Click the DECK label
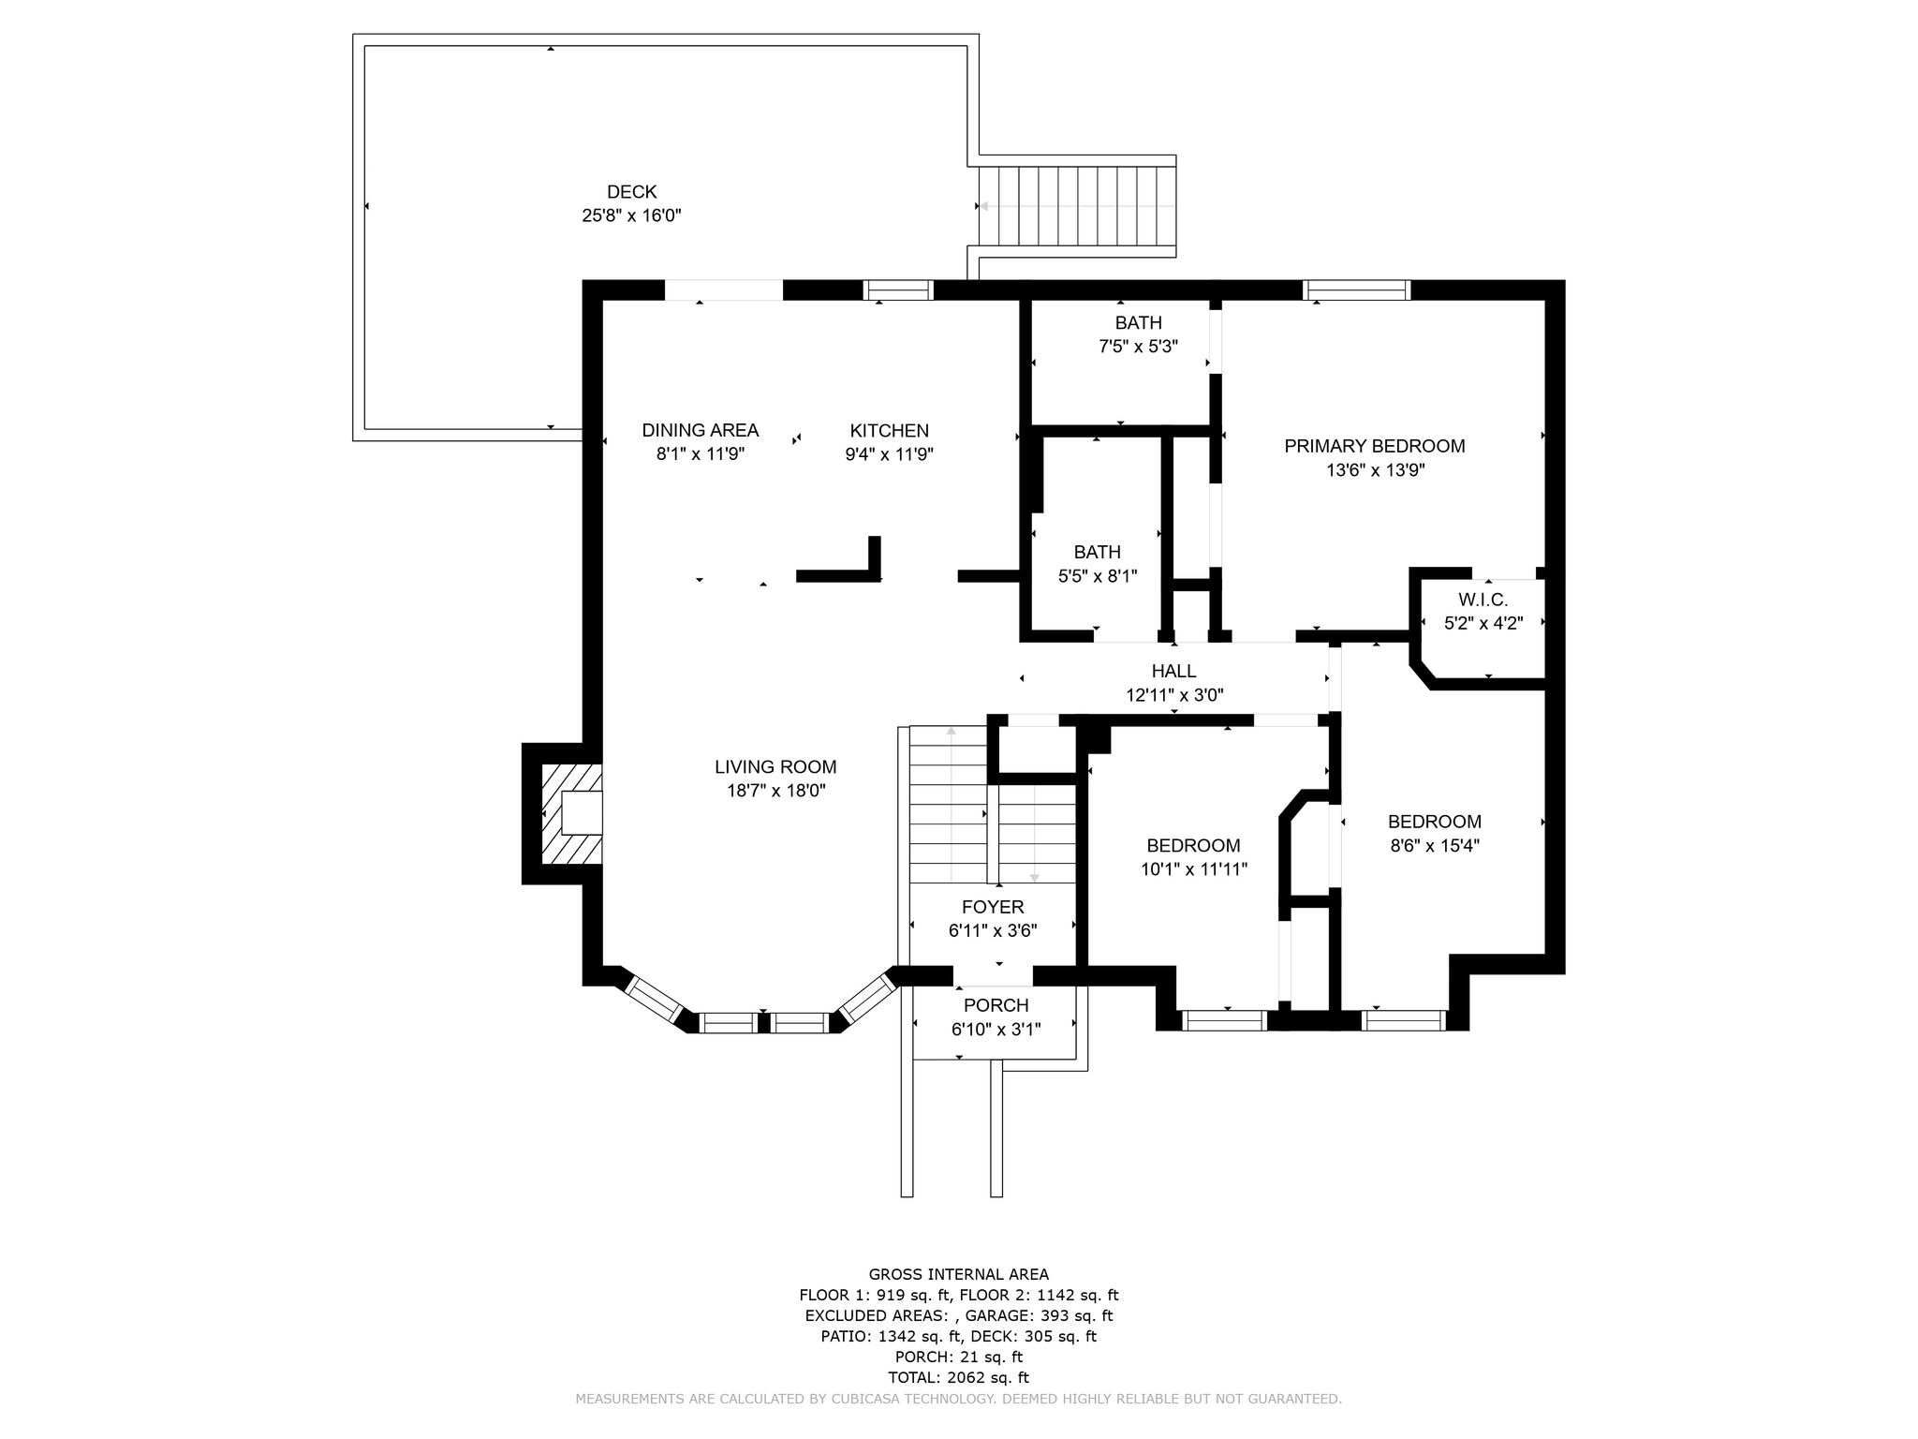pyautogui.click(x=631, y=192)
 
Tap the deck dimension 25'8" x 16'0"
pyautogui.click(x=631, y=215)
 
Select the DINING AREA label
pyautogui.click(x=700, y=430)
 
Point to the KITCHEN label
pyautogui.click(x=889, y=430)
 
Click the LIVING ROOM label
pyautogui.click(x=775, y=766)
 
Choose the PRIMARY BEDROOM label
pyautogui.click(x=1374, y=446)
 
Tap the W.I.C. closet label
pyautogui.click(x=1483, y=600)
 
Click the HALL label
pyautogui.click(x=1173, y=671)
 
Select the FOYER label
pyautogui.click(x=993, y=907)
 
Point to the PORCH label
pyautogui.click(x=996, y=1005)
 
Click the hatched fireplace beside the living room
pyautogui.click(x=571, y=812)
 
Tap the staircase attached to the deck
pyautogui.click(x=1077, y=206)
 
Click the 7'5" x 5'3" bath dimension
pyautogui.click(x=1138, y=346)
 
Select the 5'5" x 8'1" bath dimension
pyautogui.click(x=1097, y=576)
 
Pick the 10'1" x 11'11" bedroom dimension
pyautogui.click(x=1193, y=869)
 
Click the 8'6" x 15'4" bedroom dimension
pyautogui.click(x=1434, y=846)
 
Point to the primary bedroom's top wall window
pyautogui.click(x=1357, y=290)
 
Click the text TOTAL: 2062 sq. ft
pyautogui.click(x=958, y=1377)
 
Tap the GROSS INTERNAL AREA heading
pyautogui.click(x=958, y=1274)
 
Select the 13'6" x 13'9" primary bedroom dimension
pyautogui.click(x=1375, y=470)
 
